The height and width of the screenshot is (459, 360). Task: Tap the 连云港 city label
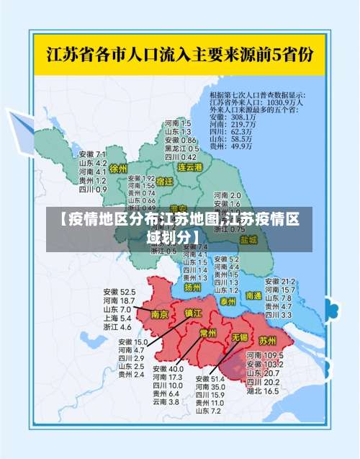[191, 166]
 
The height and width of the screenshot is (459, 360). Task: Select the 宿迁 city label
[164, 182]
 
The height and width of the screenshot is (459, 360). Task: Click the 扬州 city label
[192, 286]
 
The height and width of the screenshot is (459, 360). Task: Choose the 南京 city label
[160, 314]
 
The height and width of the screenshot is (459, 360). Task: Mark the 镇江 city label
[194, 313]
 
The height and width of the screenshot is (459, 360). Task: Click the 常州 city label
[208, 333]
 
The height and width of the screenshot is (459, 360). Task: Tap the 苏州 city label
[267, 339]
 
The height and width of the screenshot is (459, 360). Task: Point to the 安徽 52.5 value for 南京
[119, 291]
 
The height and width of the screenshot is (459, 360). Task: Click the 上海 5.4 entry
[117, 318]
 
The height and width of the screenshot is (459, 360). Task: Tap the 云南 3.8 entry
[166, 402]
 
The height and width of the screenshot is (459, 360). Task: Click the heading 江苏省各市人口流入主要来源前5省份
[179, 53]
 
